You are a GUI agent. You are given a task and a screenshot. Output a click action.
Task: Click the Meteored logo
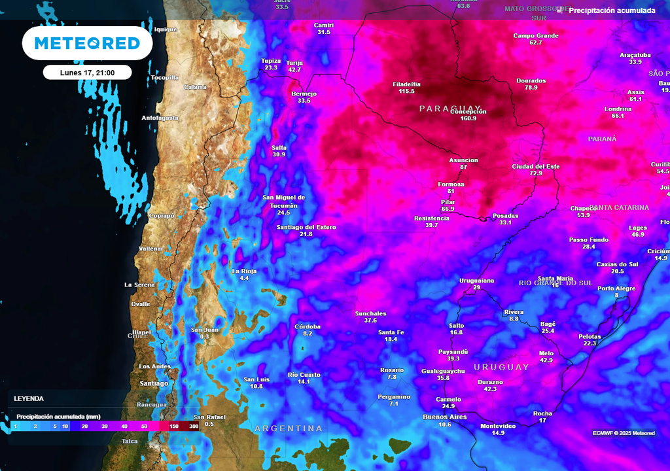coord(87,44)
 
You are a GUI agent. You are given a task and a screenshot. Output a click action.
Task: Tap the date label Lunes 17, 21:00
coord(87,73)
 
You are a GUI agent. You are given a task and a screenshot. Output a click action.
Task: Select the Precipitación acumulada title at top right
coord(611,10)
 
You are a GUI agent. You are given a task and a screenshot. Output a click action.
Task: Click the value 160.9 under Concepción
coord(468,118)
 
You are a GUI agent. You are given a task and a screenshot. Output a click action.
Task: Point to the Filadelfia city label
coord(406,84)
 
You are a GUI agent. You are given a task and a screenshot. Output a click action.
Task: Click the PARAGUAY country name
coord(450,108)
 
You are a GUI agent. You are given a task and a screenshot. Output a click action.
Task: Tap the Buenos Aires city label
coord(444,417)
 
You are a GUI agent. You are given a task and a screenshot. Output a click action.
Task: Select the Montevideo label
coord(498,426)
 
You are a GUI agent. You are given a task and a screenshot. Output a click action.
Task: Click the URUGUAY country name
coord(501,367)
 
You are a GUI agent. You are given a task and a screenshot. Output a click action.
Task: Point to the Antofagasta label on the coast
coord(160,118)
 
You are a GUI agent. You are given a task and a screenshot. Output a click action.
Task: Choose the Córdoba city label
coord(308,326)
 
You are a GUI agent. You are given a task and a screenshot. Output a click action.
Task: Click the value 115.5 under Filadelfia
coord(406,92)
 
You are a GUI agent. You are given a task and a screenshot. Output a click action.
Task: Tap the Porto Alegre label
coord(616,288)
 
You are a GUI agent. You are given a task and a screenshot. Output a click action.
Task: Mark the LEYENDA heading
coord(29,398)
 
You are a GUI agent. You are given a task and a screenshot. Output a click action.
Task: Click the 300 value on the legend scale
coord(193,427)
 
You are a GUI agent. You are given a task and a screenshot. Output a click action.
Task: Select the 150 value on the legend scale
coord(174,427)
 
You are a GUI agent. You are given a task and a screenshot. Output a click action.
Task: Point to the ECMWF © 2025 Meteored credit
coord(623,433)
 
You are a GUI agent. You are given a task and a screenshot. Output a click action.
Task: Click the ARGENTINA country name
coord(289,428)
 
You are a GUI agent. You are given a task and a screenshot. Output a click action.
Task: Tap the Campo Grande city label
coord(535,36)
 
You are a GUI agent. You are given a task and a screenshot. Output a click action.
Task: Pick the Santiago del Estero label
coord(306,227)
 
